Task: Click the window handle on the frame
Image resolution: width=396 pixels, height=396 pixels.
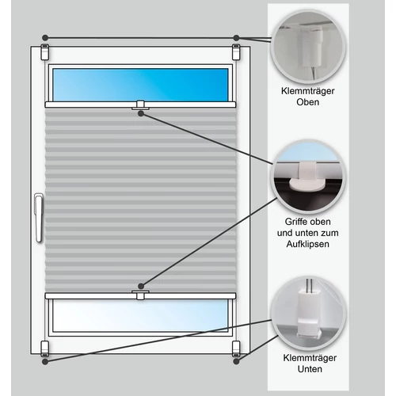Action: [x=39, y=218]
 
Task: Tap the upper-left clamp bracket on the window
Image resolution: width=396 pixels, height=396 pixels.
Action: [x=45, y=52]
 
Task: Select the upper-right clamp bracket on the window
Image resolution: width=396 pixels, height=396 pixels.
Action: [x=236, y=52]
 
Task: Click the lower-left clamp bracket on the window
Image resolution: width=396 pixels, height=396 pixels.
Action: [x=45, y=348]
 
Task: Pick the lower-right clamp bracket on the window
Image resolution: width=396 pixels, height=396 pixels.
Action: [x=236, y=348]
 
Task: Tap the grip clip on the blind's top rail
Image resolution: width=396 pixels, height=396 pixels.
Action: [x=140, y=105]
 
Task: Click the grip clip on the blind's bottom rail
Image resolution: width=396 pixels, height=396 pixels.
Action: [x=140, y=295]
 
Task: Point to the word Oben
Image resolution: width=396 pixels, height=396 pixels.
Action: [x=308, y=102]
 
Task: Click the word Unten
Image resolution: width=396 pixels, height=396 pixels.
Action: [x=310, y=369]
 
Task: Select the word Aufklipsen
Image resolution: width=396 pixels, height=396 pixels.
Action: [x=308, y=244]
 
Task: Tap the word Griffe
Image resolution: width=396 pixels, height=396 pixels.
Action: [x=295, y=222]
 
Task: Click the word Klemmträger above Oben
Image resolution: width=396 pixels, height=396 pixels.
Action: [x=308, y=91]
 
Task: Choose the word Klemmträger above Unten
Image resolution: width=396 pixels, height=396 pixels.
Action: [x=310, y=358]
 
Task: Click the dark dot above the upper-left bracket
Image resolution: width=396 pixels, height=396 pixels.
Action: [x=45, y=37]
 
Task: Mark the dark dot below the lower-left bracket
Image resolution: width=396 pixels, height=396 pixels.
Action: [x=45, y=362]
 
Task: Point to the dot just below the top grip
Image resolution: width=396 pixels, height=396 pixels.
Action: [x=141, y=113]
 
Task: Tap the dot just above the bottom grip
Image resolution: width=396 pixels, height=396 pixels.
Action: [x=141, y=286]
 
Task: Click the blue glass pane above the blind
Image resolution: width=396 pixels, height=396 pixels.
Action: [x=140, y=85]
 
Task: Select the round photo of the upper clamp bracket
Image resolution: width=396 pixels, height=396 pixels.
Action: [x=308, y=47]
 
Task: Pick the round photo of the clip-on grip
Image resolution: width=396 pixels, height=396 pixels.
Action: [x=308, y=177]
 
